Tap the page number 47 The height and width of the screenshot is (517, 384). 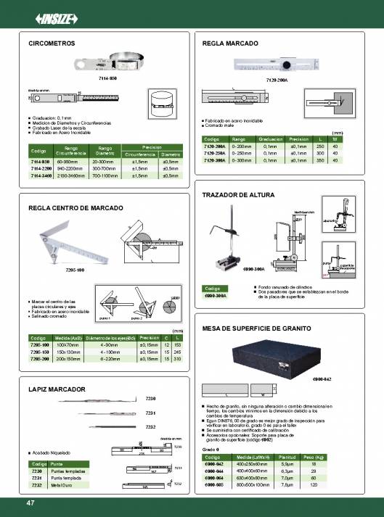click(x=30, y=502)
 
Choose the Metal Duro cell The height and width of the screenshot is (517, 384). click(x=61, y=484)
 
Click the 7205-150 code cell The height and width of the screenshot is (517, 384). click(x=38, y=351)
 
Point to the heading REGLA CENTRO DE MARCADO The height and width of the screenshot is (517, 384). click(x=71, y=207)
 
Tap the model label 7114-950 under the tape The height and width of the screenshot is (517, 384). click(x=107, y=77)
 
